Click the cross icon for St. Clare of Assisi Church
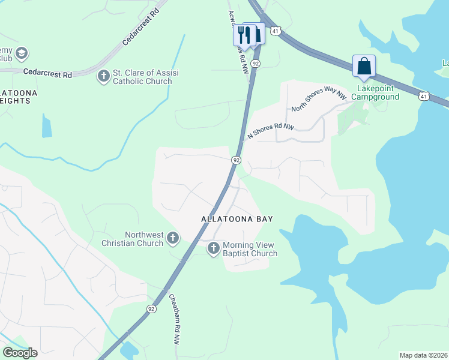(104, 76)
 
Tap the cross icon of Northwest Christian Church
(172, 239)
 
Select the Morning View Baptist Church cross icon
(214, 248)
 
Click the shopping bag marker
(364, 66)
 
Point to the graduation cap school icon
(22, 54)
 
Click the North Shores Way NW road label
(319, 100)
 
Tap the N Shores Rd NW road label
(271, 131)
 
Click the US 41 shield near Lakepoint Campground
(424, 96)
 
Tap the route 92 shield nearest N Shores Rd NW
(237, 160)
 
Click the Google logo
(20, 353)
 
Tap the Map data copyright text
(424, 355)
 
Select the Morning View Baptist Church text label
(250, 249)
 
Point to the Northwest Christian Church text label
(143, 239)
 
